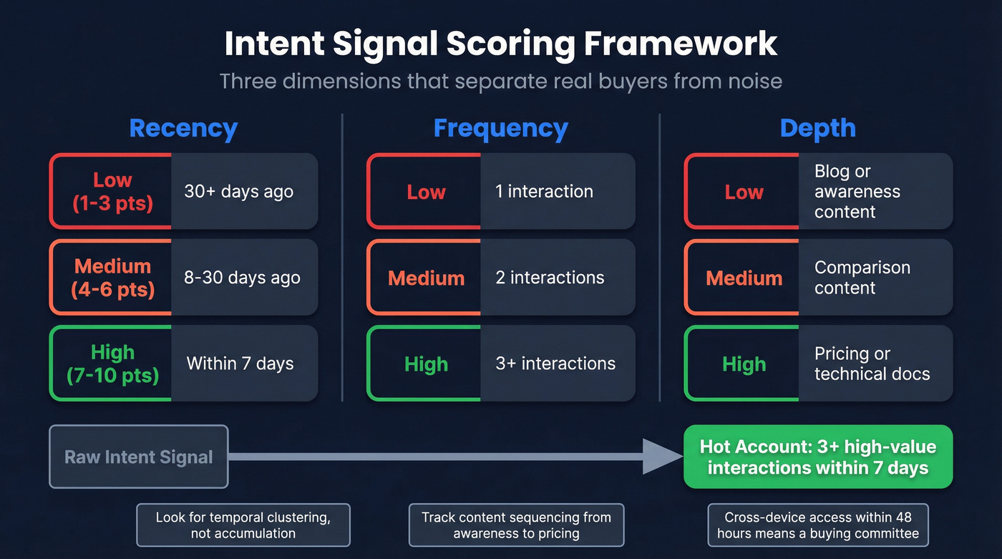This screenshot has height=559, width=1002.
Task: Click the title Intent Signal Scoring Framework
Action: click(500, 44)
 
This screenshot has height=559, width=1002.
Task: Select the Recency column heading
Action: click(183, 128)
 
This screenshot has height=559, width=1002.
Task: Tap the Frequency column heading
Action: click(500, 128)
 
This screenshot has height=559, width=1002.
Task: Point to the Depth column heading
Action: click(817, 128)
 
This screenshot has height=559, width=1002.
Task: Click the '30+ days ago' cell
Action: click(243, 191)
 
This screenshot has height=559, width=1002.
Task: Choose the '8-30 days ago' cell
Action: click(243, 278)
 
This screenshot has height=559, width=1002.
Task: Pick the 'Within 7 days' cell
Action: click(243, 364)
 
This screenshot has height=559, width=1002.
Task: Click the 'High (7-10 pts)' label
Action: click(112, 364)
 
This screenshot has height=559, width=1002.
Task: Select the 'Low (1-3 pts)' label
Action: click(112, 191)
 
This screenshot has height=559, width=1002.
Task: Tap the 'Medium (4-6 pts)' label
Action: click(112, 278)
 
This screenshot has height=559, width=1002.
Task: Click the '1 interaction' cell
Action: click(557, 191)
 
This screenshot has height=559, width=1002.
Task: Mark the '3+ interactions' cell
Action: click(557, 364)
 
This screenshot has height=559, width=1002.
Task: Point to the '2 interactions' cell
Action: click(557, 278)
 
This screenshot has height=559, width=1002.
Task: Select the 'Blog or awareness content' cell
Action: click(875, 191)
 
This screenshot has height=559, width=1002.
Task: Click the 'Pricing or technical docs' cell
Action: click(875, 364)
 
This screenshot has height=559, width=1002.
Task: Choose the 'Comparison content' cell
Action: click(875, 278)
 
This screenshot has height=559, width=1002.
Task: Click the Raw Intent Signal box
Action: click(139, 457)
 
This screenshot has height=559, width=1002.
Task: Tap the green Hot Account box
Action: click(818, 457)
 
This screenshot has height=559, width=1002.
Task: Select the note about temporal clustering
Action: click(243, 525)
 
